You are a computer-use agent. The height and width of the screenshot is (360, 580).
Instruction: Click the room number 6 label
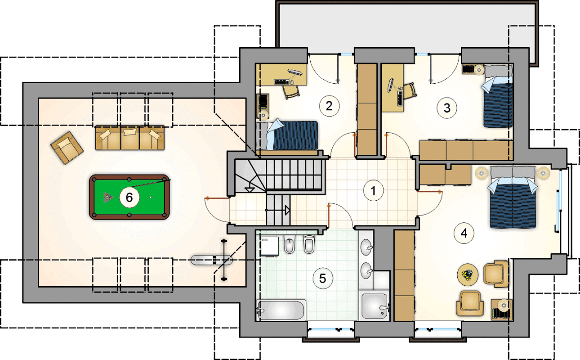[129, 198]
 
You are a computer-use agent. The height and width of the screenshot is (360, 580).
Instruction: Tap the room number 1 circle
[373, 191]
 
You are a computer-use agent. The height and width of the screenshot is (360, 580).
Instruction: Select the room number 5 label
[323, 279]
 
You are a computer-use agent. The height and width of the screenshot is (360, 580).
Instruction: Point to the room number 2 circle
[329, 106]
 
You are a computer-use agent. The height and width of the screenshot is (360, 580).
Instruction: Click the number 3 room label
[446, 108]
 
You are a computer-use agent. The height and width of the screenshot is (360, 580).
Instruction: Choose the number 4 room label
[464, 233]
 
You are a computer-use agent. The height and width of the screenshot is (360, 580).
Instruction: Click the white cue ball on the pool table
[151, 198]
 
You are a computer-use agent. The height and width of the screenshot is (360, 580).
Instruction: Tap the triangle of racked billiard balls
[108, 198]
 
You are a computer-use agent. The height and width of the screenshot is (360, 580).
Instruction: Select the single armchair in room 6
[67, 148]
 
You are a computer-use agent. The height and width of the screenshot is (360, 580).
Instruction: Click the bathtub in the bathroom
[281, 310]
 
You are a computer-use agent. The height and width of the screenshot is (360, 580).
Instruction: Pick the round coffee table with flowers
[468, 275]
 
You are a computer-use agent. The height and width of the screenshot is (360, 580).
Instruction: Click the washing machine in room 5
[270, 246]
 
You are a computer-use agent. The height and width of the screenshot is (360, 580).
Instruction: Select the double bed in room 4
[513, 198]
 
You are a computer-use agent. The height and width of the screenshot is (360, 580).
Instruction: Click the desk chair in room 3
[410, 91]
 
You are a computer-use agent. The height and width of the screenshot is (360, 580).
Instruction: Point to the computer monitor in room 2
[295, 72]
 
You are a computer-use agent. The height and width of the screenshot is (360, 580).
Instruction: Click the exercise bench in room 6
[212, 260]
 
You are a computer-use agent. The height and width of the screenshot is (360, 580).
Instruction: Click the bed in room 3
[498, 96]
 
